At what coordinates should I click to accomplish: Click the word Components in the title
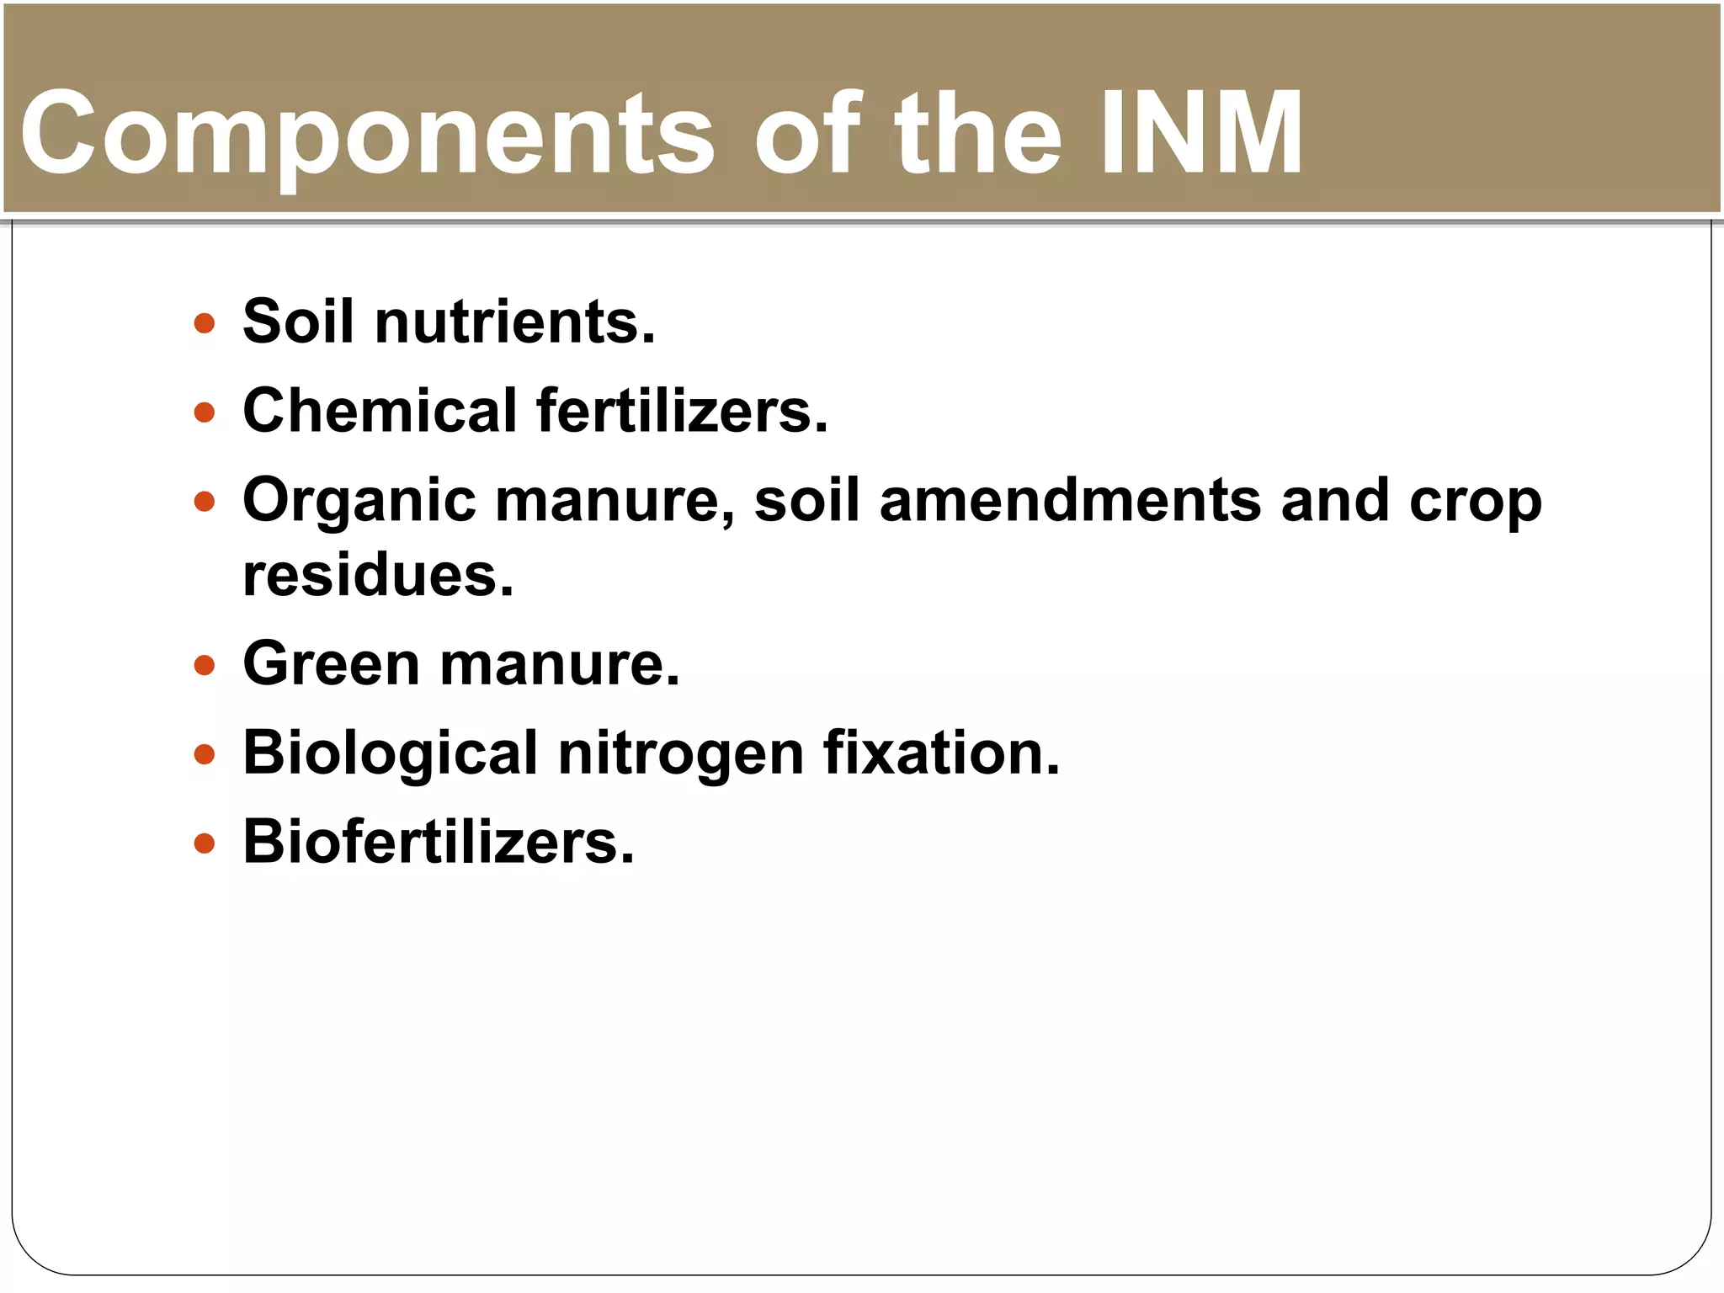367,135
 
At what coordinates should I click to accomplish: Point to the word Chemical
380,411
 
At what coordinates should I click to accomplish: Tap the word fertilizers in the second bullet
682,411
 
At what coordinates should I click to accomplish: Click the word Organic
359,502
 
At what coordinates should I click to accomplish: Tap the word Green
331,664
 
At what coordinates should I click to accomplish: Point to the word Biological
390,753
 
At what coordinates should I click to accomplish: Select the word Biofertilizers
439,842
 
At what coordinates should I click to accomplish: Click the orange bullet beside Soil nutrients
204,323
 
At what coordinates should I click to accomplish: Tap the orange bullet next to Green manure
204,667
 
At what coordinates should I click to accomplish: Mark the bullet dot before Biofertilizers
204,843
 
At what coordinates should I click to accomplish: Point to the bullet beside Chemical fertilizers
204,412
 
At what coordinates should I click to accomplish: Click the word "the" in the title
977,135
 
